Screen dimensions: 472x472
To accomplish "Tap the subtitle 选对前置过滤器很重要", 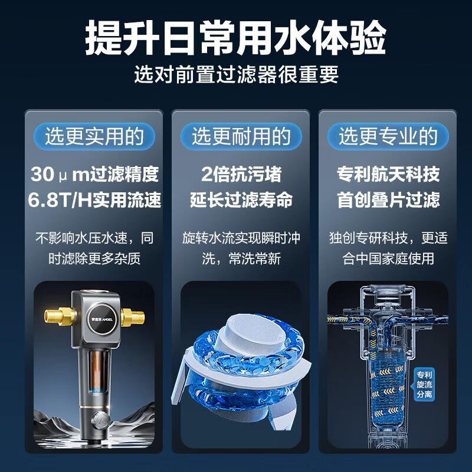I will pos(236,74).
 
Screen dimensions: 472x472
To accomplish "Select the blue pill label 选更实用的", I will pos(94,136).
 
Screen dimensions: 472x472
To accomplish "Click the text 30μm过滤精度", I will pos(94,175).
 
